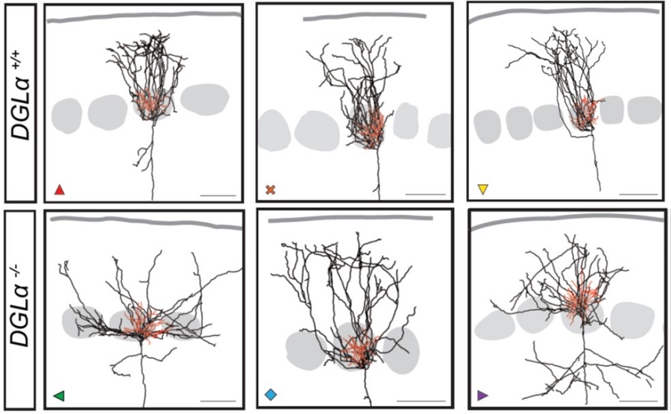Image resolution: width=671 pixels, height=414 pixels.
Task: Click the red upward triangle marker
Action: [x=60, y=189]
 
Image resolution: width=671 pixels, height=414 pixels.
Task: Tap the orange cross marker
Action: [x=271, y=189]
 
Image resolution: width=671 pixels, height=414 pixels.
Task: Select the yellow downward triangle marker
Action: [x=482, y=189]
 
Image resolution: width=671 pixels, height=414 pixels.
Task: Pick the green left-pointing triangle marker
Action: [x=59, y=395]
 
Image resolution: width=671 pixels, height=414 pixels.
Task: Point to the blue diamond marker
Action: [x=271, y=395]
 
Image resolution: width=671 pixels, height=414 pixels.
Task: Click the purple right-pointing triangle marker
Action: [x=482, y=395]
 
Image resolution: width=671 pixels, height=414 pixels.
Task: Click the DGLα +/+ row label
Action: [x=21, y=102]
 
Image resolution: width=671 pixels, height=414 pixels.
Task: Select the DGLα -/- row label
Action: [x=21, y=307]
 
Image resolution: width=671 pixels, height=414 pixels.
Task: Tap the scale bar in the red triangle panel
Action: [x=218, y=195]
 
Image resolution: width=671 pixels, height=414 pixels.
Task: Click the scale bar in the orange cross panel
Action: [x=426, y=195]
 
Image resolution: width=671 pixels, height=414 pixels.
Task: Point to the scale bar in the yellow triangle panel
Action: [x=638, y=195]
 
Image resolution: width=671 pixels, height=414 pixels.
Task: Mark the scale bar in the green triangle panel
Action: [x=218, y=401]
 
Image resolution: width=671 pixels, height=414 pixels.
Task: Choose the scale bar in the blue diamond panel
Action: [x=421, y=401]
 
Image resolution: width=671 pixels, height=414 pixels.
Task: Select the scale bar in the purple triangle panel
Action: [x=638, y=401]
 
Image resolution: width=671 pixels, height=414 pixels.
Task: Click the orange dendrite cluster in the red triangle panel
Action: [x=150, y=103]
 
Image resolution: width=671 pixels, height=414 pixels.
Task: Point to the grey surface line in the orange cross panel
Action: [x=365, y=17]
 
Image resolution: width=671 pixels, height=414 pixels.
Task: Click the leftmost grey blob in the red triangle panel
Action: [x=67, y=116]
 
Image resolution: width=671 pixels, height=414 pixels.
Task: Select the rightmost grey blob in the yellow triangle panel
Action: [x=644, y=110]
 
